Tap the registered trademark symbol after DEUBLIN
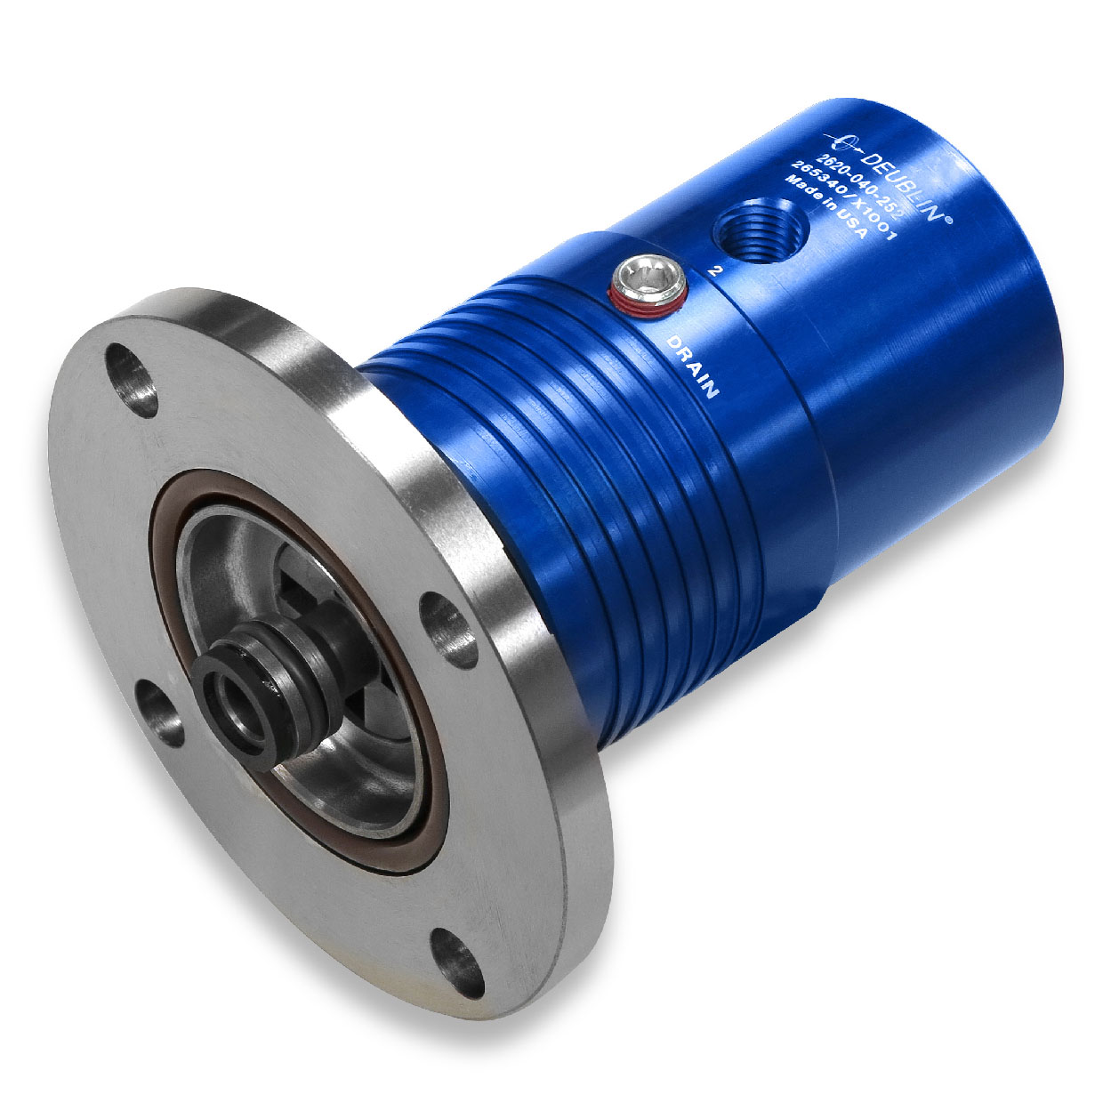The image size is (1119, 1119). tap(949, 222)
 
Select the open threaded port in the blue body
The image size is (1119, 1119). tap(763, 228)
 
